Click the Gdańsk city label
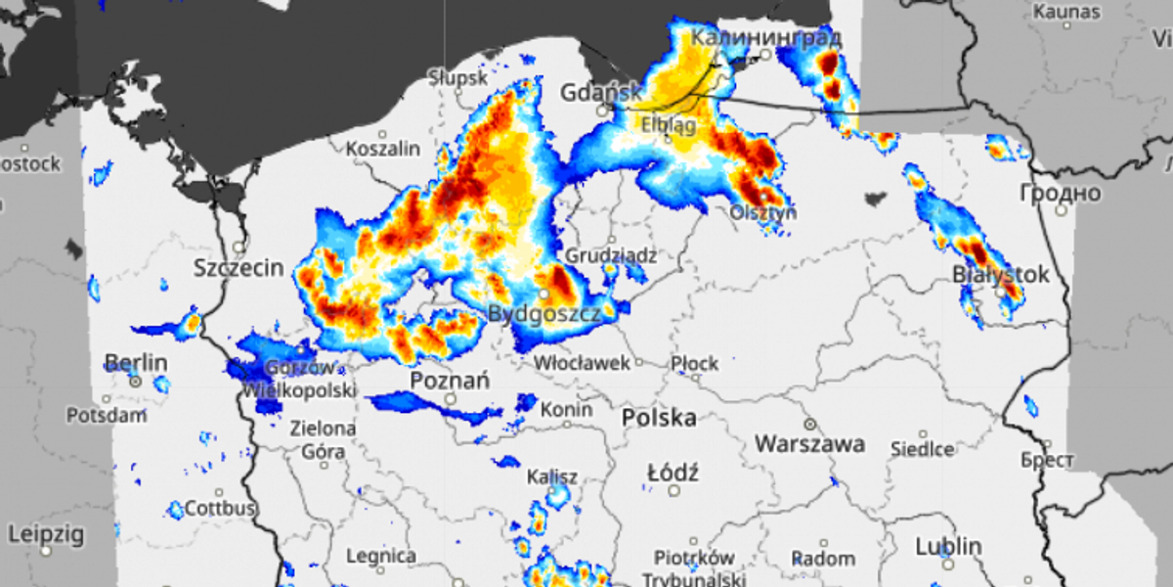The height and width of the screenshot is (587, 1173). (x=600, y=93)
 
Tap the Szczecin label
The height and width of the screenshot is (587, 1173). (x=239, y=268)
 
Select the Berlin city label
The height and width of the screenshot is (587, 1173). (x=136, y=364)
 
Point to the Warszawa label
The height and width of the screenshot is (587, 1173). (x=809, y=444)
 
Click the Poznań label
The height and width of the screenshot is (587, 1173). (x=450, y=381)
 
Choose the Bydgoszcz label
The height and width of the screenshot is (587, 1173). (x=543, y=314)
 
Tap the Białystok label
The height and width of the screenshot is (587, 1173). (x=1000, y=275)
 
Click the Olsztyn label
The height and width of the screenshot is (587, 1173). (x=762, y=212)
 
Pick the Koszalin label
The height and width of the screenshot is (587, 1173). (x=384, y=150)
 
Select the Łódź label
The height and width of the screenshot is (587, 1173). (x=673, y=474)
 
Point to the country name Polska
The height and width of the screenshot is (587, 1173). (x=660, y=418)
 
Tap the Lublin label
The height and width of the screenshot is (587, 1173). (x=947, y=546)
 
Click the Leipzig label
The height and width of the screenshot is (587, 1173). (x=46, y=535)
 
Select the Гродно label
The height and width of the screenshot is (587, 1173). (x=1060, y=192)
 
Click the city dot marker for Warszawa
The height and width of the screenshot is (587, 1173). (x=809, y=425)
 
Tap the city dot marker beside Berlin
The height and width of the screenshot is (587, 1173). (x=136, y=381)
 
